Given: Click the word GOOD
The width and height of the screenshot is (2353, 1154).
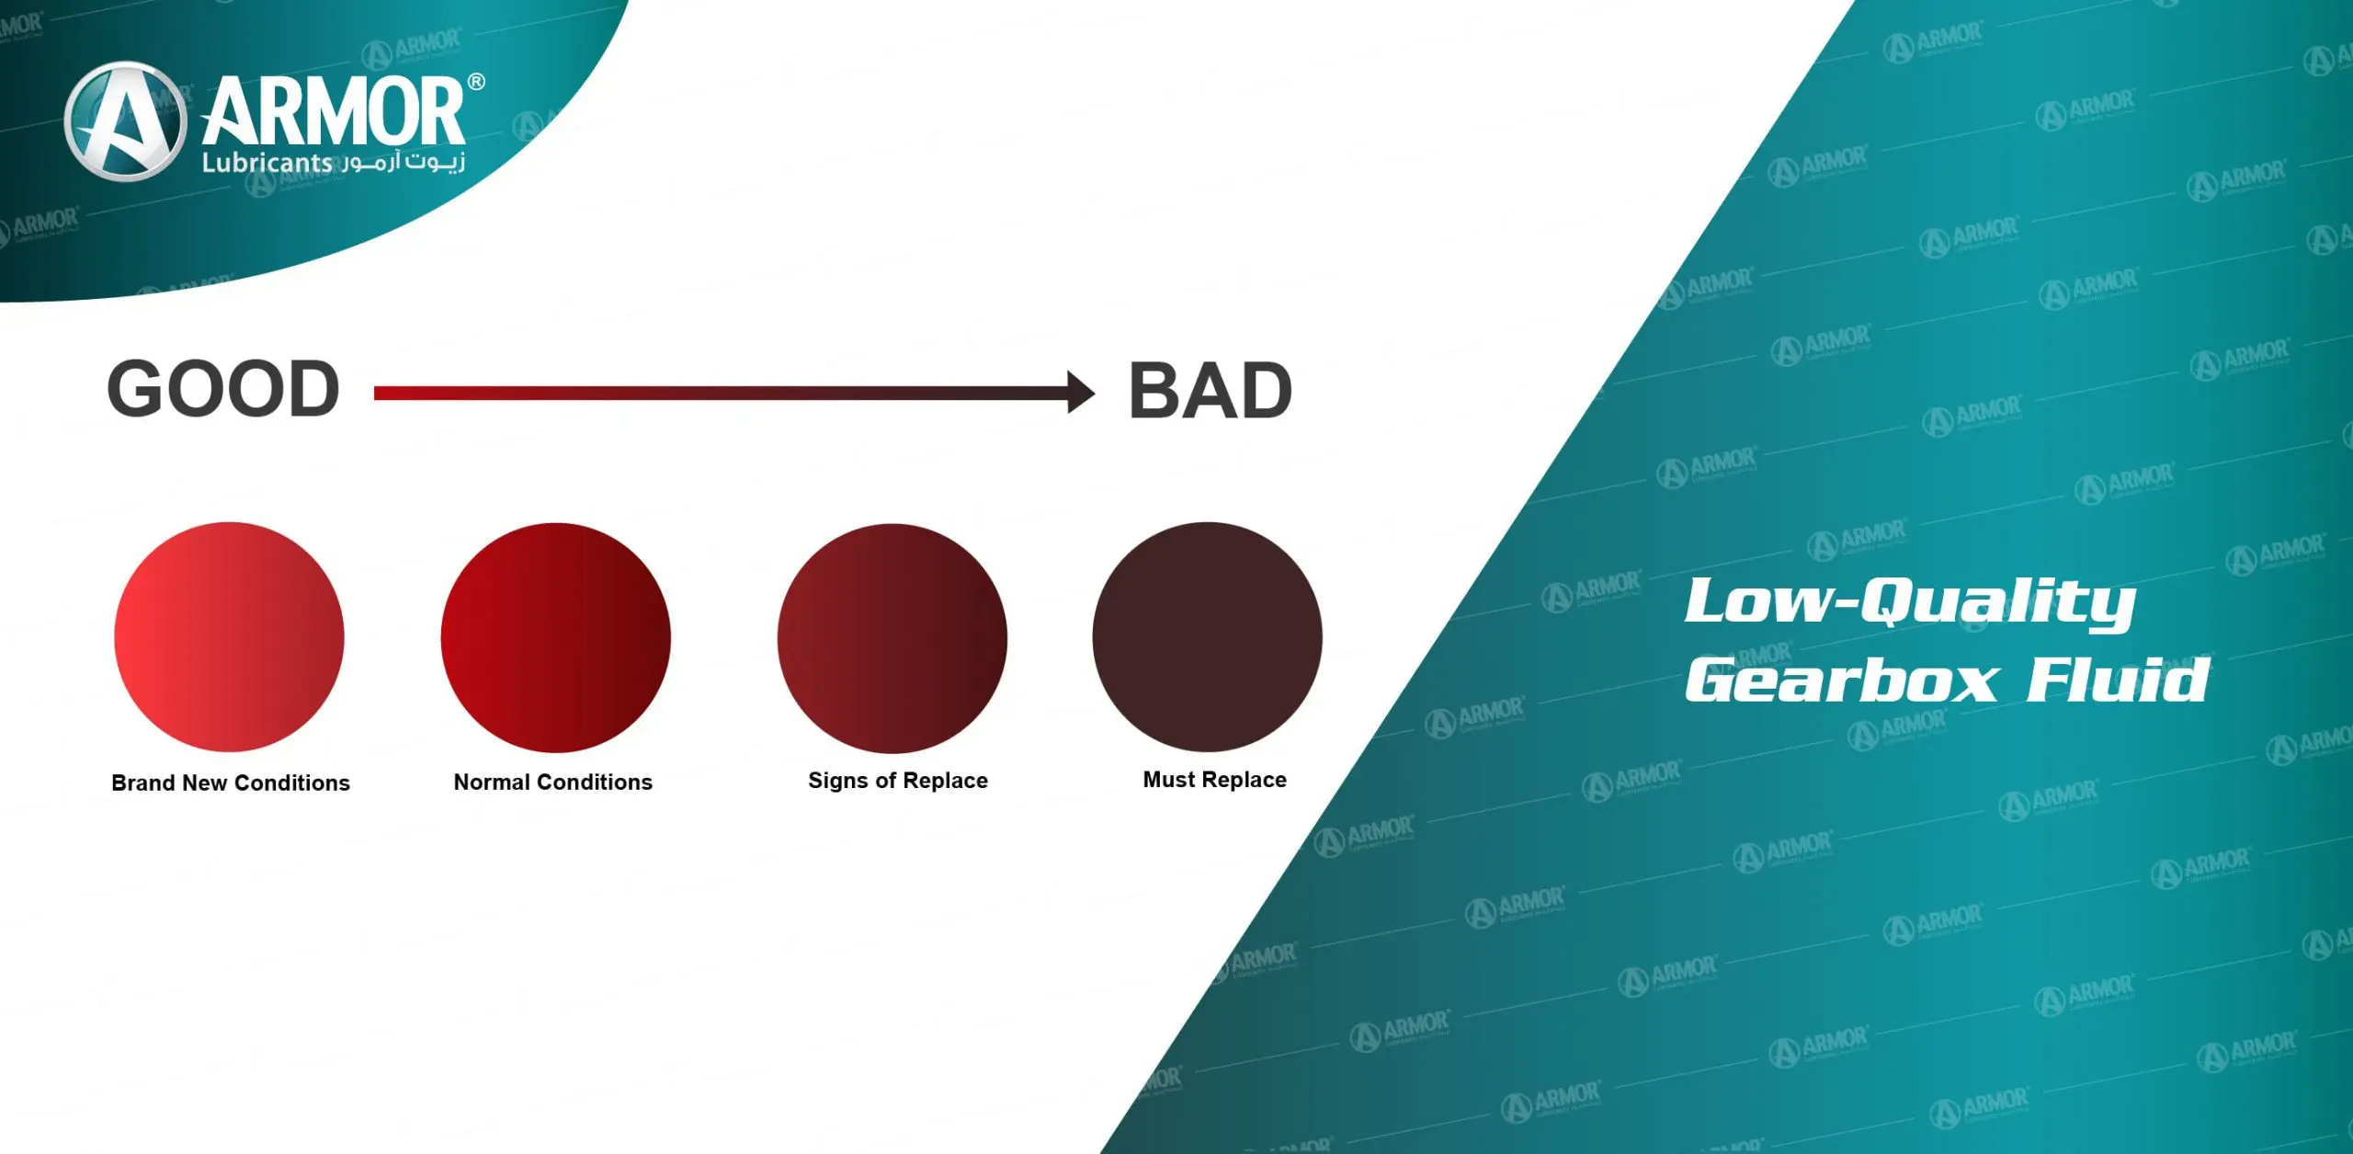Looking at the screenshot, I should tap(223, 389).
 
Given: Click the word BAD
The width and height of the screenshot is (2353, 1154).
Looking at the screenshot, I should tap(1210, 391).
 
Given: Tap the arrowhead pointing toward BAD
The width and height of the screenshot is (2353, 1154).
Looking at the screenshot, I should tap(1081, 393).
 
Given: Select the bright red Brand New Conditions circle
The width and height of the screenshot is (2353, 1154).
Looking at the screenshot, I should tap(229, 637).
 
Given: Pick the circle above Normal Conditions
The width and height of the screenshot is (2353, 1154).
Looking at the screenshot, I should tap(555, 637).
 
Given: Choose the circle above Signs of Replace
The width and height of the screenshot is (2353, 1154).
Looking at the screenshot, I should tap(892, 637).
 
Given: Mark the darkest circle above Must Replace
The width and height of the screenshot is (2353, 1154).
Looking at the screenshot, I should tap(1207, 636).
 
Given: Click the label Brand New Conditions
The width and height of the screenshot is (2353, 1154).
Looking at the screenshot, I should tap(231, 783).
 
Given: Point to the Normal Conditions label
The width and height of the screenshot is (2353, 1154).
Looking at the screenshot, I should tap(552, 782).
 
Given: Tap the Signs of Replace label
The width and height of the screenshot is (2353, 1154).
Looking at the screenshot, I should tap(897, 781).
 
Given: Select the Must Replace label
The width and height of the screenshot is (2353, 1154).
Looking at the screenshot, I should tap(1214, 780).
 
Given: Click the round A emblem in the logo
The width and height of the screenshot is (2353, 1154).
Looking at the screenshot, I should tap(125, 120).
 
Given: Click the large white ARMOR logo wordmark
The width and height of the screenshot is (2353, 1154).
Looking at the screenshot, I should tap(334, 113).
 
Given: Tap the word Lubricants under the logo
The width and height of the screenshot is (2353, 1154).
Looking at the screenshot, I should tap(267, 163).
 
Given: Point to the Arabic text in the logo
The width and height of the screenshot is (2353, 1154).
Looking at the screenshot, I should tap(405, 163).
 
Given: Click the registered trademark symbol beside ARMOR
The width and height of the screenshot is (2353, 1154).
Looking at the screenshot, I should tap(476, 82).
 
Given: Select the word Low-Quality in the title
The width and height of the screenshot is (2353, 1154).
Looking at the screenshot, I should tap(1910, 601).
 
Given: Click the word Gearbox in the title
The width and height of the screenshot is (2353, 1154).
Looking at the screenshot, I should tap(1841, 680).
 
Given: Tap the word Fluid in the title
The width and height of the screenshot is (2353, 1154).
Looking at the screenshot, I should tap(2118, 680).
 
